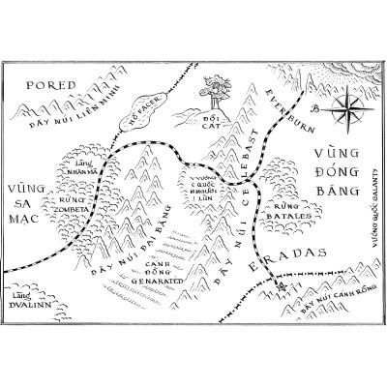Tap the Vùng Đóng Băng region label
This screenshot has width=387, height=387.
click(x=337, y=170)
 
